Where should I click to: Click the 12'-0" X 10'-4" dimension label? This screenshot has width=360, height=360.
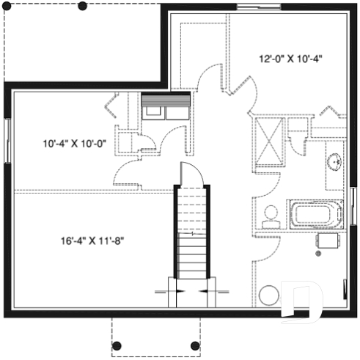coord(290,59)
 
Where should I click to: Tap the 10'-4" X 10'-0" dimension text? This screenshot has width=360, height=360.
coord(75,144)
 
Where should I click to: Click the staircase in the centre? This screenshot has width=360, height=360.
coord(191,235)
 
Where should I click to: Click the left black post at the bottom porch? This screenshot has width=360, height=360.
coord(115,345)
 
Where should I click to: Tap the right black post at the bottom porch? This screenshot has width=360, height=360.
coord(194,345)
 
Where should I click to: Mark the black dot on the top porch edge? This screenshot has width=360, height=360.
coord(82,6)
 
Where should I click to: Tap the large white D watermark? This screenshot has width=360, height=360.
coord(301,301)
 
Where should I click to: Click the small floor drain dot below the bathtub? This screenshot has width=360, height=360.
coord(318,254)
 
